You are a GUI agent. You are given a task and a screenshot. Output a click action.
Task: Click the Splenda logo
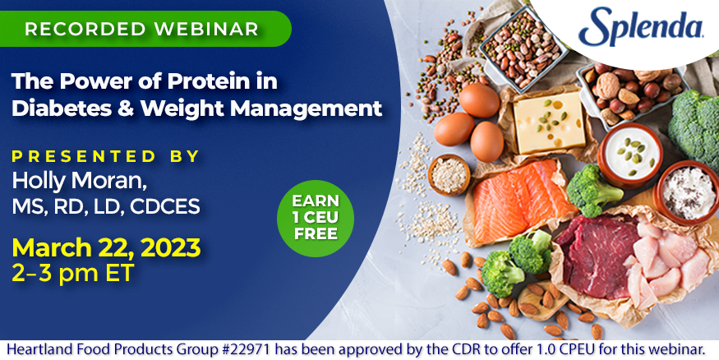point(641,26)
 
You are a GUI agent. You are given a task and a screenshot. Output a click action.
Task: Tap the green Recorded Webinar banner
point(145,29)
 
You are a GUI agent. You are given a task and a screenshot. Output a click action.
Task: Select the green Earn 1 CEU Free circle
point(316,218)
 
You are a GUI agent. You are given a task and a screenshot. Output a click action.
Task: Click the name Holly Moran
point(80,181)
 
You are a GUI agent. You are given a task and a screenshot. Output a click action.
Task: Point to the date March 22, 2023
point(106,247)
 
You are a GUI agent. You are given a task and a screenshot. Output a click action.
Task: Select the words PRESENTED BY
point(106,156)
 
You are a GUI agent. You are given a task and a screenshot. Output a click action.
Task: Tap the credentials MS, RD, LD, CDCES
point(106,206)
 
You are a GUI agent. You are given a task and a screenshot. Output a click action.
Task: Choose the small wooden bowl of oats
point(449,174)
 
